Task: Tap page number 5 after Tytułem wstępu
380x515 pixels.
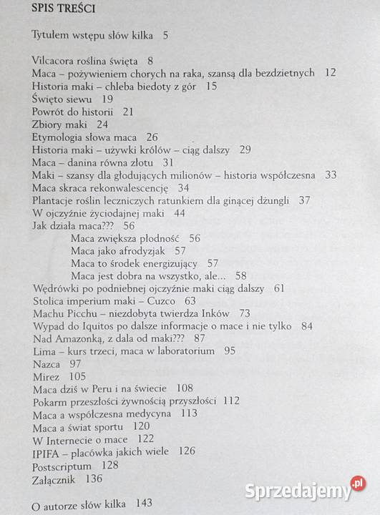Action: click(165, 34)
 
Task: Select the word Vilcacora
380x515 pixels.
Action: click(58, 60)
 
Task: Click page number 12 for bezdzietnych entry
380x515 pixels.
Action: click(330, 73)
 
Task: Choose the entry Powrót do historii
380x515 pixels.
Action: click(73, 112)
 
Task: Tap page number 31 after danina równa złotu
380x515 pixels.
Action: click(168, 163)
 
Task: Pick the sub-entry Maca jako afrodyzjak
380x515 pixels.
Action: click(118, 251)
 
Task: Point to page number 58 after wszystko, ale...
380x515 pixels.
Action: click(240, 276)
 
